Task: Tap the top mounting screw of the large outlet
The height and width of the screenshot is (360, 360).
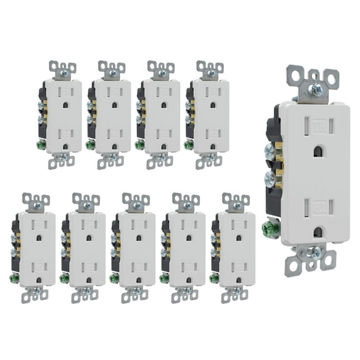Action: (x=316, y=89)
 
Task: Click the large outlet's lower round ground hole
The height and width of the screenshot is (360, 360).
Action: (x=319, y=231)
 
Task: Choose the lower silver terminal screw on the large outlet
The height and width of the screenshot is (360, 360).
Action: (x=269, y=179)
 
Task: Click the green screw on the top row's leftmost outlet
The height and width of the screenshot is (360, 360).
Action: (x=40, y=144)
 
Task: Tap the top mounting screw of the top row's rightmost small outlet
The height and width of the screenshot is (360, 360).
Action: (x=211, y=72)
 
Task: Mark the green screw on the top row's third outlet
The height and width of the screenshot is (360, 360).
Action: (x=139, y=144)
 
